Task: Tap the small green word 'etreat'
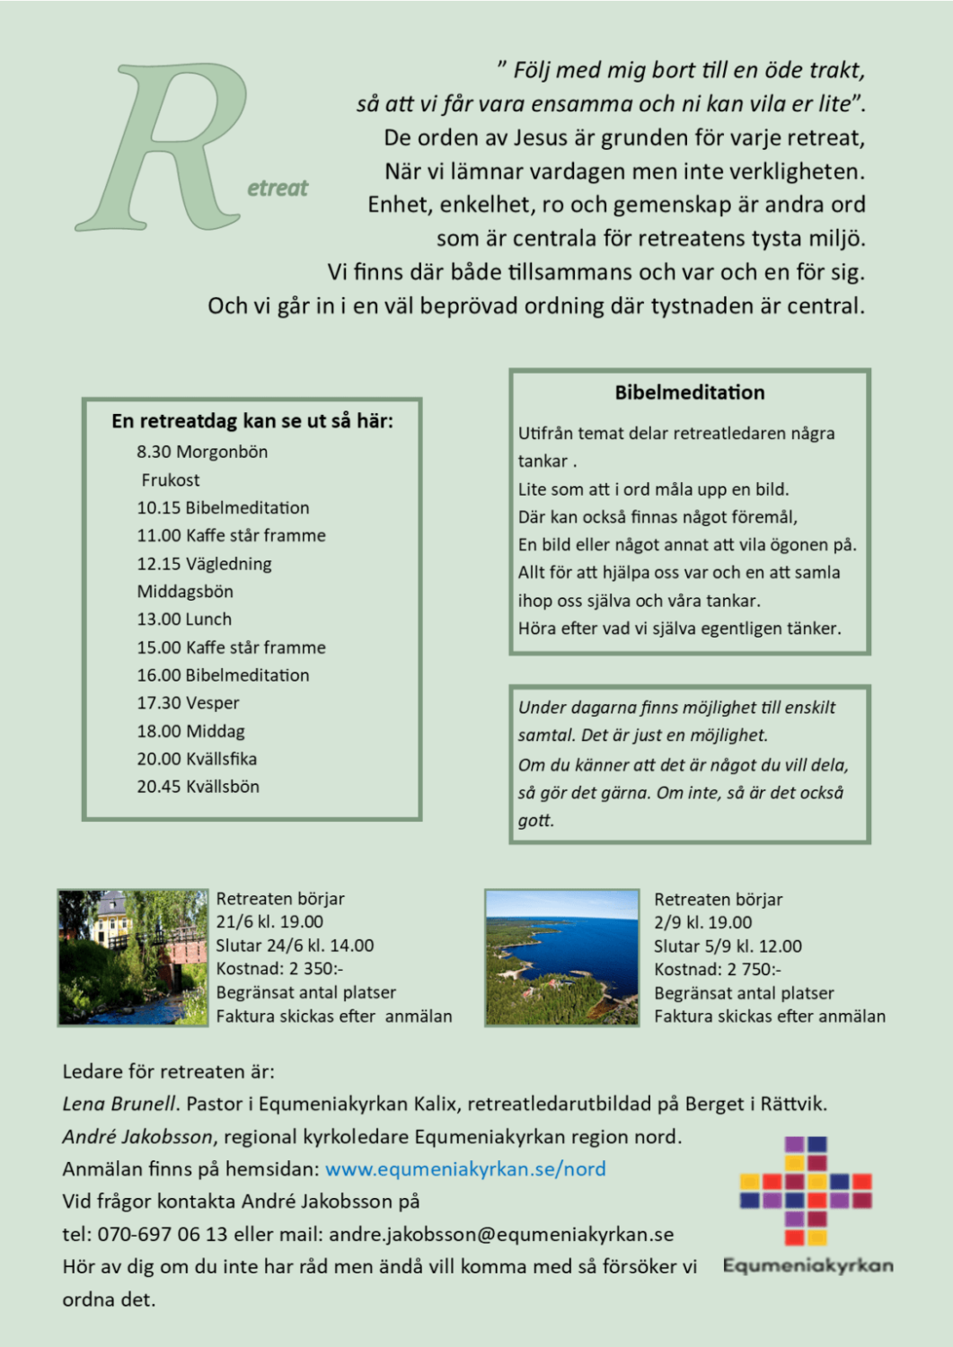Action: [278, 189]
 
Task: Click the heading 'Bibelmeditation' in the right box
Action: [690, 392]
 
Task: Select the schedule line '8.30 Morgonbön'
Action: [202, 452]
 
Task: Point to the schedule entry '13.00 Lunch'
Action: [184, 620]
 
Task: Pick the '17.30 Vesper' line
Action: [188, 703]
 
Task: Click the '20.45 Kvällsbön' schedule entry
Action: [198, 787]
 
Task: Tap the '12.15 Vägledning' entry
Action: [204, 564]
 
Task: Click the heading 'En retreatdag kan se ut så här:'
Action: [252, 421]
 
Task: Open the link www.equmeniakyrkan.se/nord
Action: [465, 1169]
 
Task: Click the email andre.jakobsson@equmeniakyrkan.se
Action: [501, 1235]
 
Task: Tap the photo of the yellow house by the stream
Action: [133, 957]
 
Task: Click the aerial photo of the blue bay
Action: [561, 957]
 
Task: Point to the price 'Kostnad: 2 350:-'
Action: [279, 969]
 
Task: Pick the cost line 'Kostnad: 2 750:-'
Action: [718, 970]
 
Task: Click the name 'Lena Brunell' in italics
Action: [120, 1104]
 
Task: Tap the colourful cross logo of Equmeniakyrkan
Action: [806, 1191]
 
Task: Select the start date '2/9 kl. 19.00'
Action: [703, 922]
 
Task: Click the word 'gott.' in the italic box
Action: [536, 821]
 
